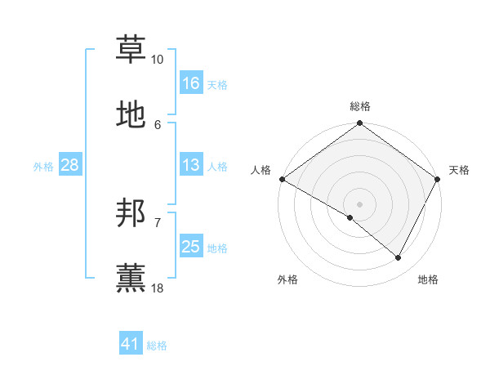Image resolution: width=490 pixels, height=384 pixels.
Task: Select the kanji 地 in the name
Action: click(131, 114)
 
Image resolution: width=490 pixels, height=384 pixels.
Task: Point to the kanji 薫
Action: click(131, 278)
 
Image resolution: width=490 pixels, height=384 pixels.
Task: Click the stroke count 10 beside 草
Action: click(157, 60)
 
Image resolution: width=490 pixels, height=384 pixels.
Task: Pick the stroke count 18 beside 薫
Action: click(157, 288)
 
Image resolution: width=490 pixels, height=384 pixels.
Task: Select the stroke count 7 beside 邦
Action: click(157, 222)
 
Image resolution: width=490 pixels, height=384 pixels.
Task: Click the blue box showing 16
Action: click(191, 83)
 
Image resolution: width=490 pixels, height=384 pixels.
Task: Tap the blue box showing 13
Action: click(191, 166)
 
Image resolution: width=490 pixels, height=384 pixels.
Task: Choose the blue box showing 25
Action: click(191, 247)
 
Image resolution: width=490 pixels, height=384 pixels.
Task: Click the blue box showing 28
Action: click(70, 166)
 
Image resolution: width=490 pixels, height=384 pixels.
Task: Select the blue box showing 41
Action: click(131, 344)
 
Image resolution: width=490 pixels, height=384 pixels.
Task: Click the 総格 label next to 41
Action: click(157, 346)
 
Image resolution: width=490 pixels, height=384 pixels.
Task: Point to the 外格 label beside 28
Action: click(43, 167)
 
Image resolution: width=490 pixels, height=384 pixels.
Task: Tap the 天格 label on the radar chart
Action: click(459, 170)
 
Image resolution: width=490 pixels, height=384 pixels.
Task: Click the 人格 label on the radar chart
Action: click(261, 170)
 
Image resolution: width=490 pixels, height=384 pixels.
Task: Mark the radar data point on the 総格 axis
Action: click(359, 124)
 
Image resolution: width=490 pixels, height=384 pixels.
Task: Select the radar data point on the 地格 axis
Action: click(399, 258)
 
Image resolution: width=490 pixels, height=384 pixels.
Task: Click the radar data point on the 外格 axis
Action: click(350, 217)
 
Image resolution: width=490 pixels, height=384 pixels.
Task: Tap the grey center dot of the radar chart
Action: click(359, 203)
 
